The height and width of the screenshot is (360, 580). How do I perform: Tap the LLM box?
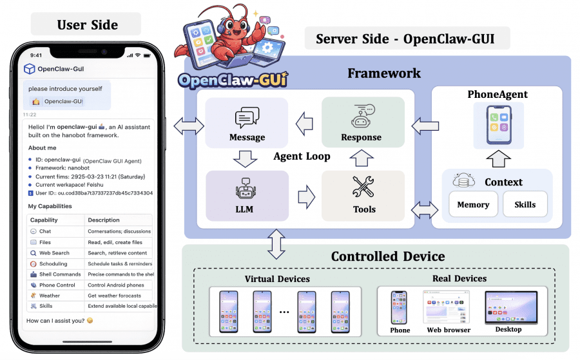247,194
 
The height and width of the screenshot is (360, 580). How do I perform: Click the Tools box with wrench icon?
363,194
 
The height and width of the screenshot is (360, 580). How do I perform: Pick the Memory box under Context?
473,205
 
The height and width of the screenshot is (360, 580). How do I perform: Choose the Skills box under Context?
525,205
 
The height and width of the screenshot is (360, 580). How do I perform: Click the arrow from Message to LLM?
247,158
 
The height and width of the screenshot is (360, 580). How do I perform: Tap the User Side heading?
87,25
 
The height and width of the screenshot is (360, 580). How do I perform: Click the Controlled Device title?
387,256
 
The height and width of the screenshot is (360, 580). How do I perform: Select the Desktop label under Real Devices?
508,330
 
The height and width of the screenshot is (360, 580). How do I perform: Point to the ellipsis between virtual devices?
284,311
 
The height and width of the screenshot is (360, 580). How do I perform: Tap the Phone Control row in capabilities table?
57,285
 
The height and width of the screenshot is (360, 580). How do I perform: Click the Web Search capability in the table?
54,253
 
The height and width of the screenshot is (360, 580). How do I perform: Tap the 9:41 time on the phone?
36,55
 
